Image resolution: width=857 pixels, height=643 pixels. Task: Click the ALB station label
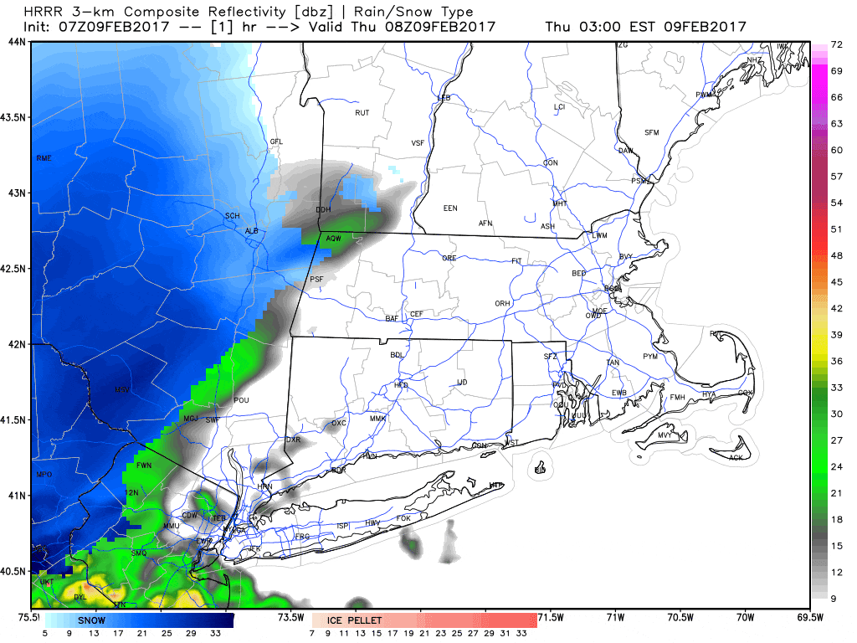(x=251, y=231)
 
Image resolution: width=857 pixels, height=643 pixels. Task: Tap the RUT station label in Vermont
(x=362, y=113)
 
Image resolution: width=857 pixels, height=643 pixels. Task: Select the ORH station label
(x=502, y=304)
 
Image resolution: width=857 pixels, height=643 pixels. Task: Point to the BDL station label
(x=397, y=355)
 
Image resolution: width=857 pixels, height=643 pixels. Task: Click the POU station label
(x=242, y=401)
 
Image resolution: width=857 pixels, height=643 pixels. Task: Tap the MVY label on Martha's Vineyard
(x=665, y=436)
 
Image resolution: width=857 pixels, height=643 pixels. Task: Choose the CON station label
(x=550, y=162)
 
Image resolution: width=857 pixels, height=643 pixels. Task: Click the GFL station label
(x=276, y=142)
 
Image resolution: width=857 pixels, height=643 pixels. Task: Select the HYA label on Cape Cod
(x=709, y=394)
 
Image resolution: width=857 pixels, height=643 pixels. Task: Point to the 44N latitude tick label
(x=16, y=42)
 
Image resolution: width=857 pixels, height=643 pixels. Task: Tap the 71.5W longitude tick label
(x=549, y=618)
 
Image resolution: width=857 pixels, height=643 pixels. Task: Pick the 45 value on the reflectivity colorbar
(x=835, y=282)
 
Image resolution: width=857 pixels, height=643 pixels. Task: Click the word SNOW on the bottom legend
(x=92, y=620)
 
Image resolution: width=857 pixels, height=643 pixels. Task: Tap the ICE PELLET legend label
(x=355, y=620)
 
